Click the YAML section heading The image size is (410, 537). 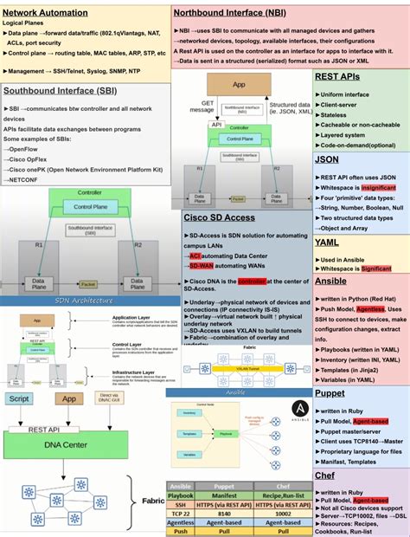click(327, 243)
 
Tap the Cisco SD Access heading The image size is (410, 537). click(220, 218)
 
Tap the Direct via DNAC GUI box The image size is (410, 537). click(108, 399)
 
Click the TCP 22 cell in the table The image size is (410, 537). click(181, 513)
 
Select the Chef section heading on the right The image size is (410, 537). click(325, 476)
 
